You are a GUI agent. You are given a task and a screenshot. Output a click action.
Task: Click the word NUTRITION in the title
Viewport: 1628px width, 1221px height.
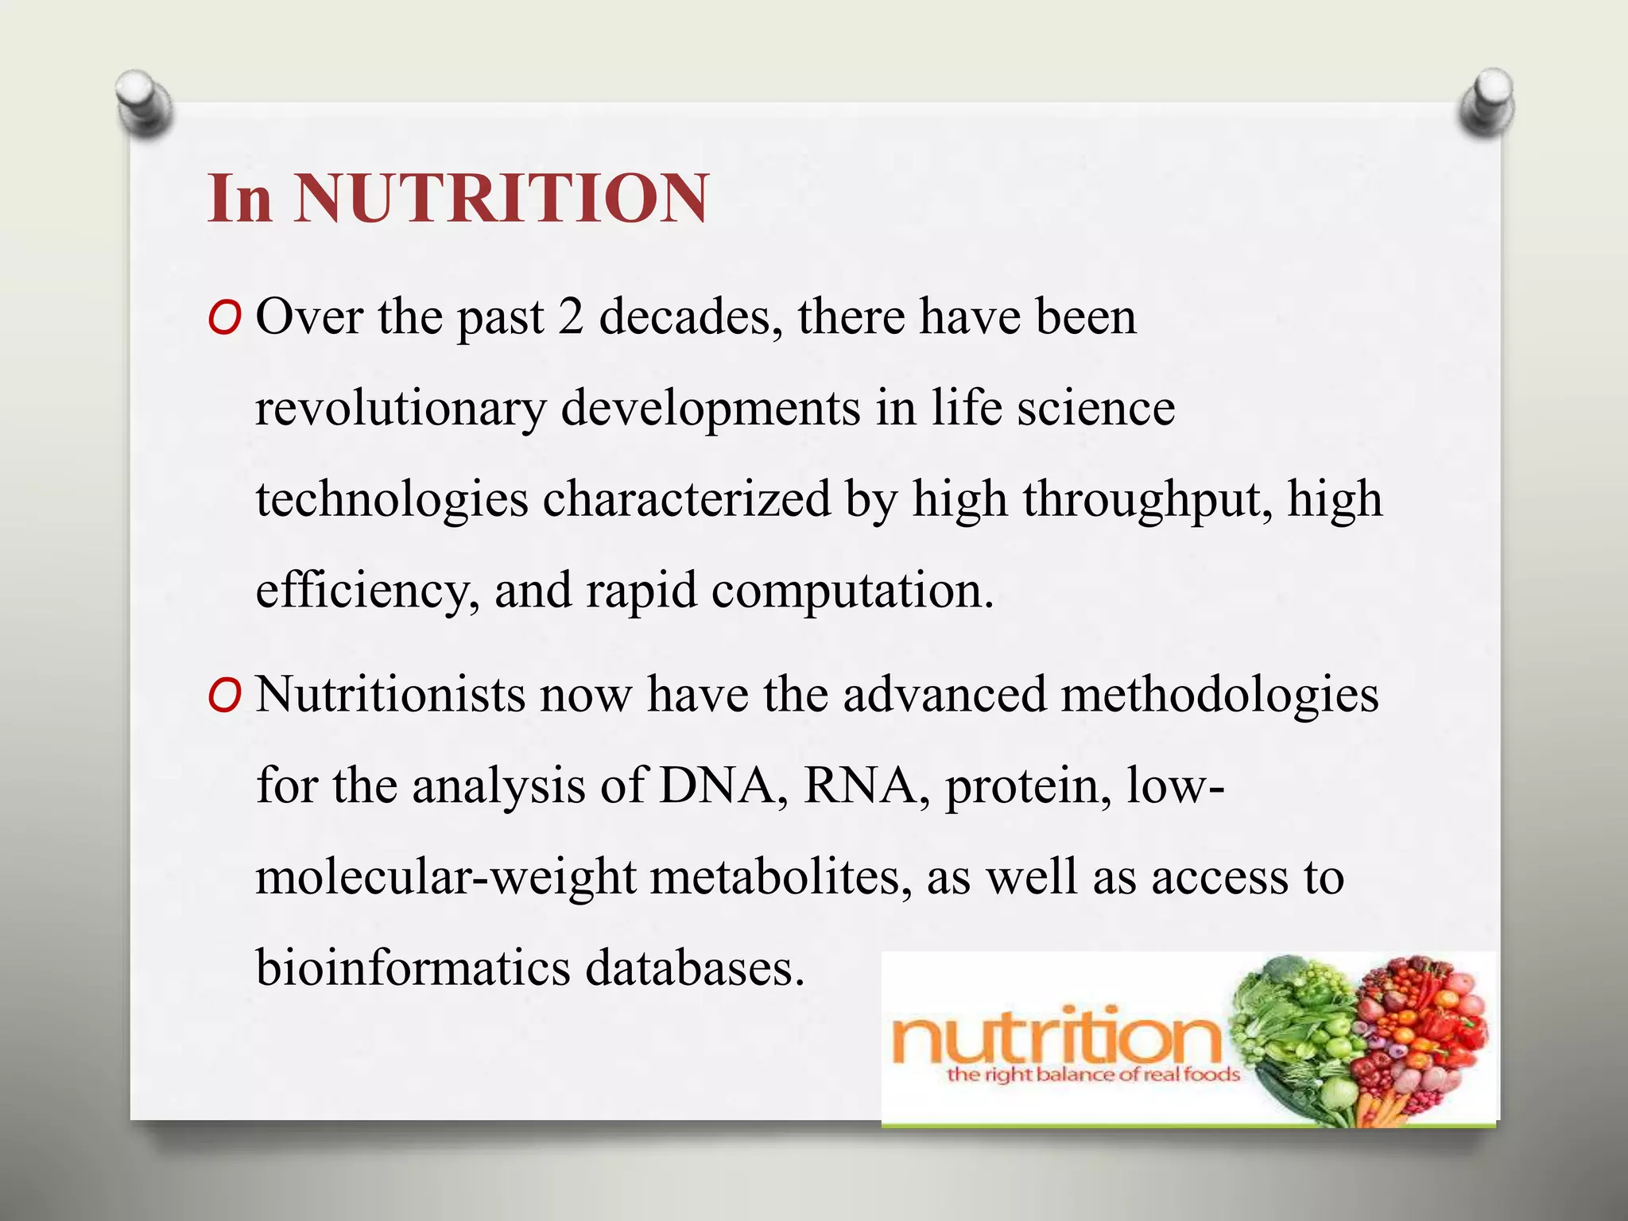coord(501,198)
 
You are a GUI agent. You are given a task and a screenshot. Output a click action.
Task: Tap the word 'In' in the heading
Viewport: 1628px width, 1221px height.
coord(240,198)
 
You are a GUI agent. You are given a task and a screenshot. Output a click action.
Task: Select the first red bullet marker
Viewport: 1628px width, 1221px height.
coord(223,320)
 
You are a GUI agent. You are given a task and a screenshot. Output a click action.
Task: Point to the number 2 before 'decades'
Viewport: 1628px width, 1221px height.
coord(570,316)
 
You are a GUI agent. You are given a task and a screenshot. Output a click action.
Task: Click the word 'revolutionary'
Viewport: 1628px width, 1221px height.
coord(400,409)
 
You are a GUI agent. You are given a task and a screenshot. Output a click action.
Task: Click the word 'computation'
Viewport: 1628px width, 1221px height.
coord(851,591)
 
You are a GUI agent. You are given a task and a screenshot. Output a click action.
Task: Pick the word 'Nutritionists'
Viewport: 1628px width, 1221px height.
coord(390,694)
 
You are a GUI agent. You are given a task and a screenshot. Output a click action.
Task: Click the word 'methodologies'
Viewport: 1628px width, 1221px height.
coord(1219,694)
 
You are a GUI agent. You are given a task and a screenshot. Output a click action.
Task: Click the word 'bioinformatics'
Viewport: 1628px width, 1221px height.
coord(413,968)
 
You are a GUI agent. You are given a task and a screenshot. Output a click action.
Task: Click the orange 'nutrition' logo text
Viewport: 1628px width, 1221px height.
coord(1057,1037)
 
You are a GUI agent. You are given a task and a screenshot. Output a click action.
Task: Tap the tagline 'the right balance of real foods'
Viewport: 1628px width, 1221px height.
coord(1093,1076)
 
